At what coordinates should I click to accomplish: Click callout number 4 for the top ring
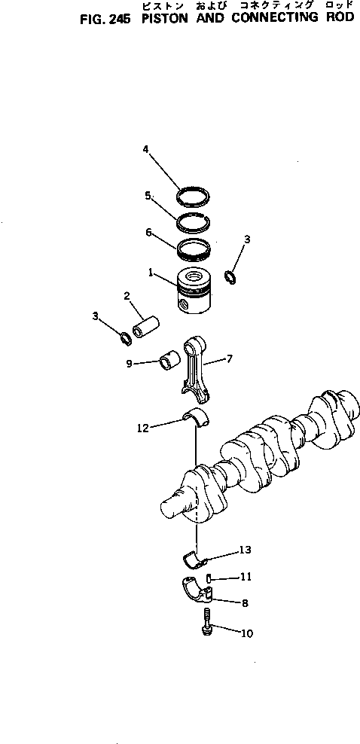(145, 149)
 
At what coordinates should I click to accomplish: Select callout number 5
(148, 195)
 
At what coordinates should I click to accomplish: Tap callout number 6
(149, 233)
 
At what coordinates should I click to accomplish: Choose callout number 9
(130, 363)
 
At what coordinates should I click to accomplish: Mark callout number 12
(143, 428)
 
